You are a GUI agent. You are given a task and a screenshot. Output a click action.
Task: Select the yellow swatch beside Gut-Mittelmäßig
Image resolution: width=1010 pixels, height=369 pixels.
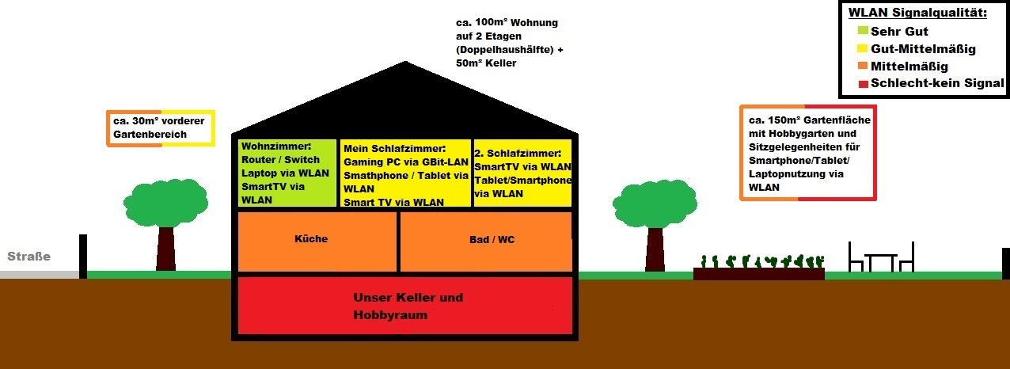[x=862, y=49]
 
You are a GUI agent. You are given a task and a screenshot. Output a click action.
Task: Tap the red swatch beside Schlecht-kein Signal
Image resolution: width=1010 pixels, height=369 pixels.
[x=862, y=83]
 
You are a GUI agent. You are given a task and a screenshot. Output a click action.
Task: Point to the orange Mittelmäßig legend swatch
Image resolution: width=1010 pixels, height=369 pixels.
[x=862, y=67]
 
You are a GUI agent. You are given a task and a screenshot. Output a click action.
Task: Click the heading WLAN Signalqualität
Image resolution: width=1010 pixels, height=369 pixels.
[x=918, y=13]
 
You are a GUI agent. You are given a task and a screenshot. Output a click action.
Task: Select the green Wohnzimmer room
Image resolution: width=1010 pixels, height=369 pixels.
[x=287, y=173]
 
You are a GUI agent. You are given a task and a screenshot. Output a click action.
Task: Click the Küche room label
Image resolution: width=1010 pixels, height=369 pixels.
[x=310, y=238]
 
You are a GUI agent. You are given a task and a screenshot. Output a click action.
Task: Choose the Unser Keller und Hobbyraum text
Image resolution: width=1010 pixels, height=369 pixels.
[x=408, y=306]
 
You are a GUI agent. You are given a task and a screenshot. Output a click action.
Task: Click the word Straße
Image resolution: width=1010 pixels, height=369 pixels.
[x=29, y=257]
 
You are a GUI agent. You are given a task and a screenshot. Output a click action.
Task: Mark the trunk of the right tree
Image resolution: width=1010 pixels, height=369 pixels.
[x=655, y=249]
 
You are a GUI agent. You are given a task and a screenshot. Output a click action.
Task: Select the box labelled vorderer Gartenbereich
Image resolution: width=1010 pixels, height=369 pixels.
[x=161, y=127]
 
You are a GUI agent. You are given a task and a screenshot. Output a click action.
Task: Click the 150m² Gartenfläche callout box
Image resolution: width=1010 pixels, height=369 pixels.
[x=808, y=153]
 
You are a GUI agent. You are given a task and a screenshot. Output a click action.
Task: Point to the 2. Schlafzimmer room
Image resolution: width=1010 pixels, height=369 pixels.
[x=522, y=173]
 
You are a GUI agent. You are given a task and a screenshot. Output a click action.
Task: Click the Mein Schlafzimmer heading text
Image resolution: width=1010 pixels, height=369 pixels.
[x=395, y=148]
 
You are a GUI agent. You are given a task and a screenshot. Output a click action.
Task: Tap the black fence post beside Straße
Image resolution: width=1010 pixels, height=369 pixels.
[x=83, y=256]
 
